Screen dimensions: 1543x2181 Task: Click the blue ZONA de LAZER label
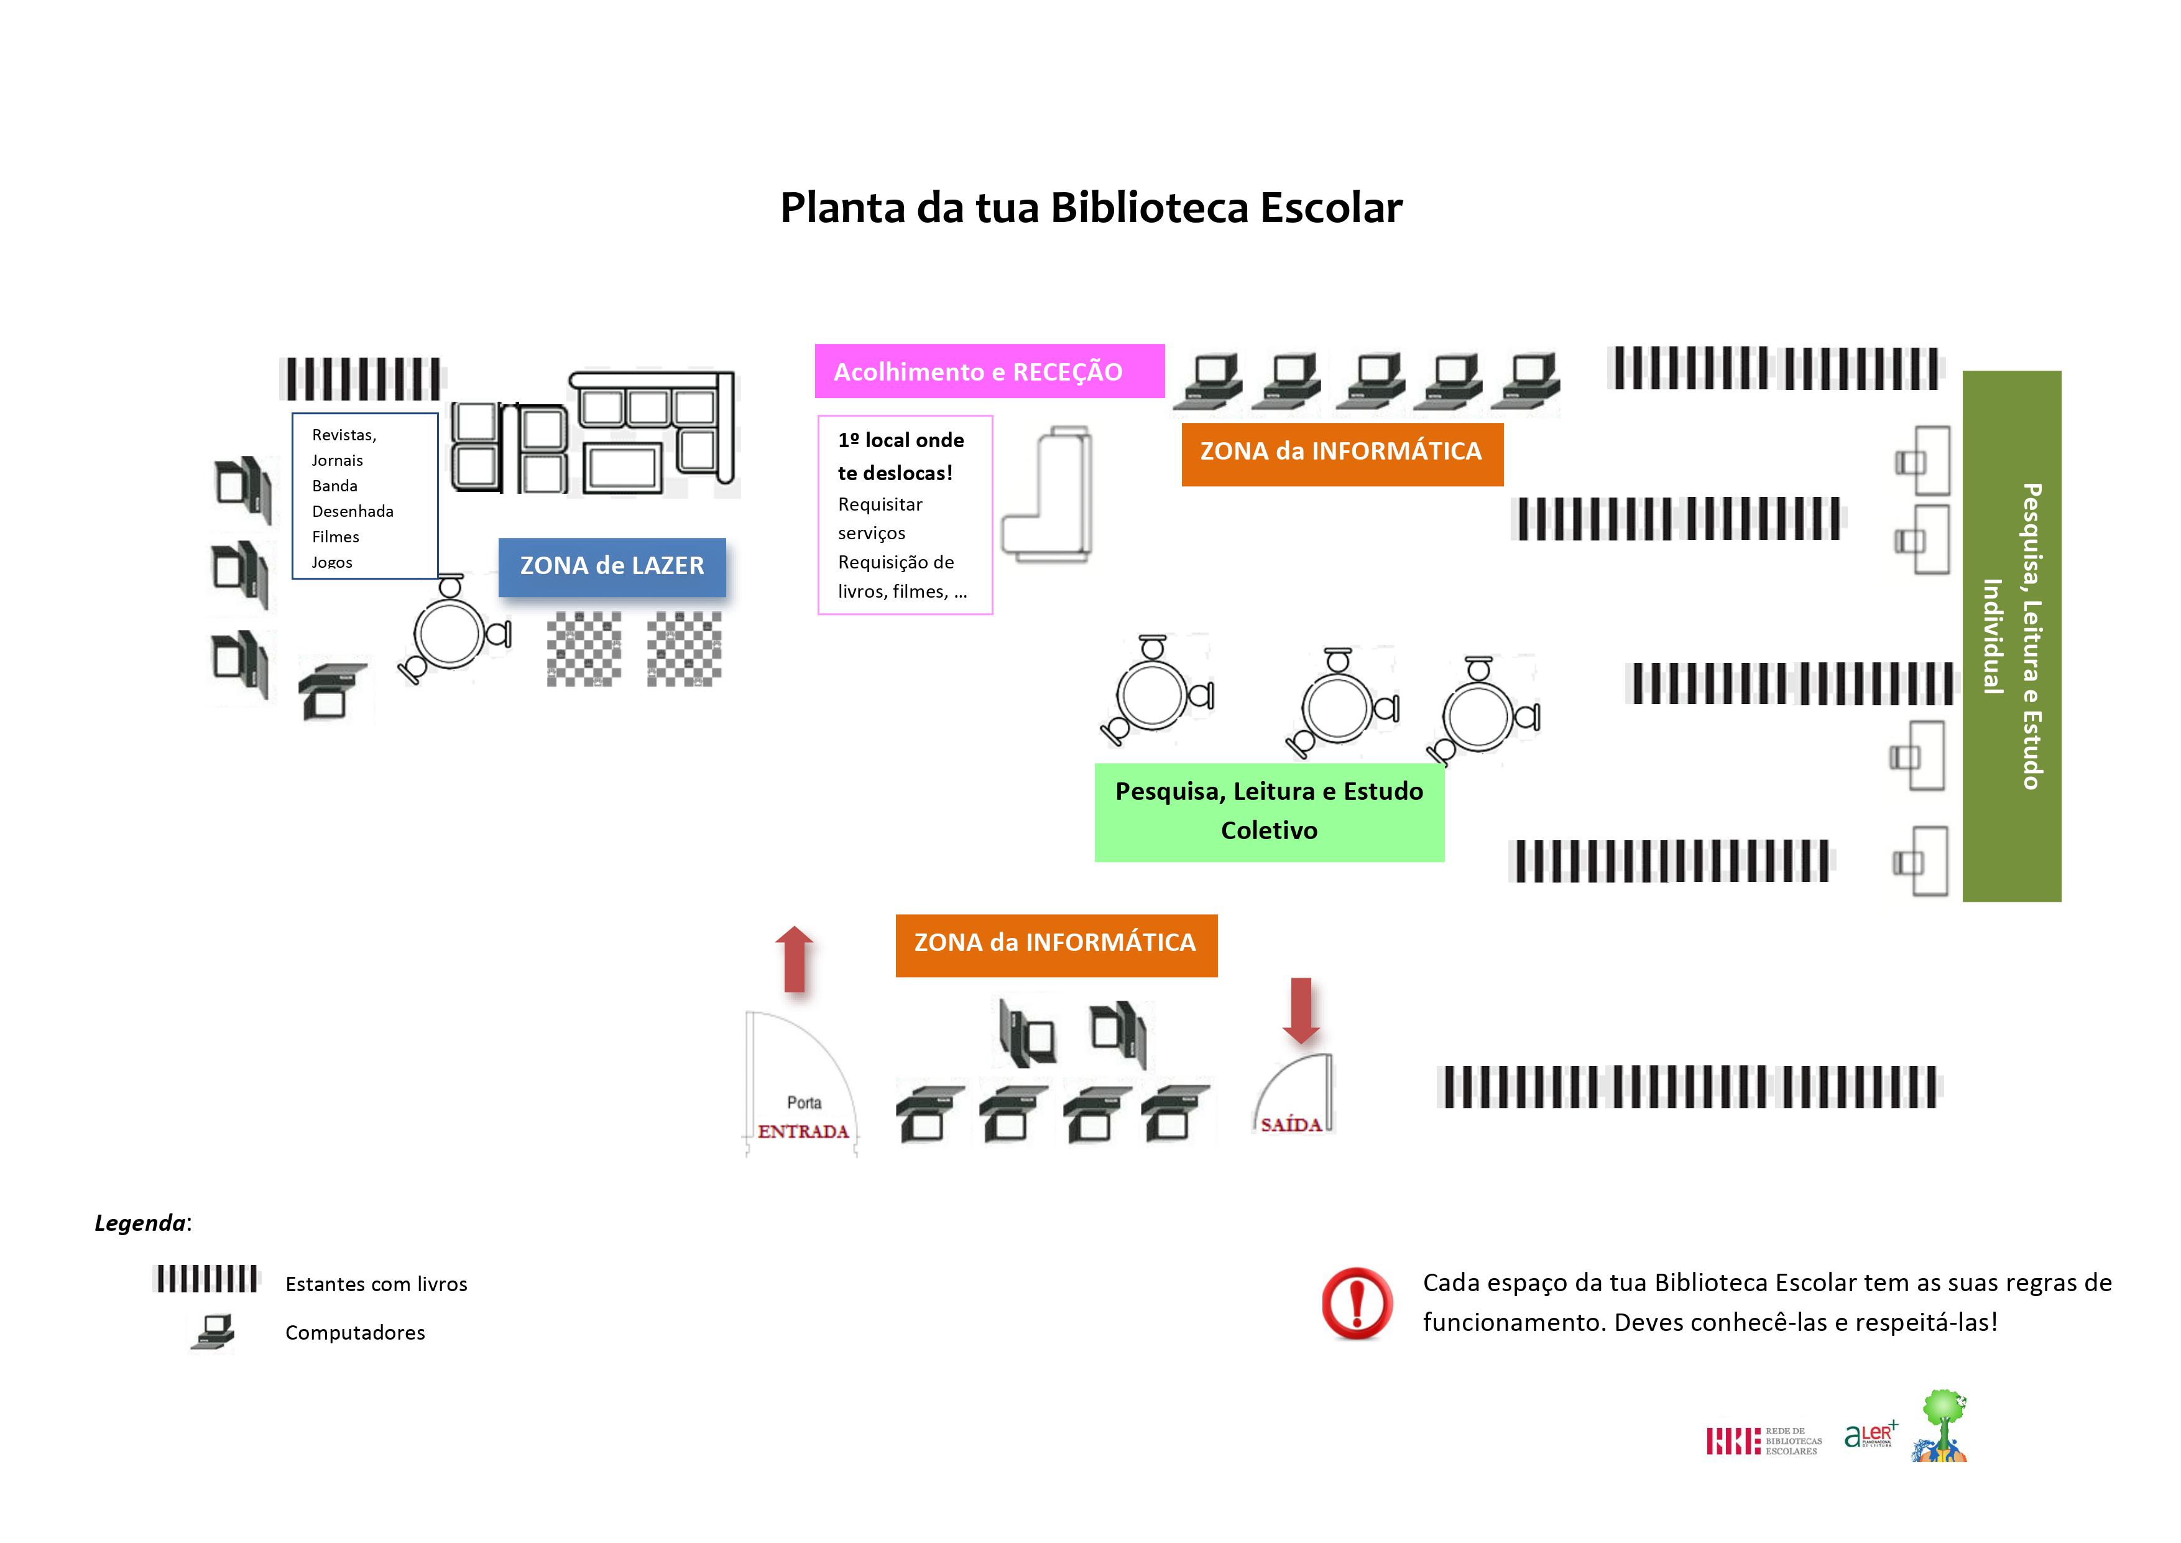[612, 567]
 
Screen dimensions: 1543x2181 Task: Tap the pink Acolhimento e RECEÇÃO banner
[989, 371]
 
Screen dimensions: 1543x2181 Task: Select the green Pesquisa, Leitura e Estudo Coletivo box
[1269, 812]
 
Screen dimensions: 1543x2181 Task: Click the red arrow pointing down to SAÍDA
[1301, 1011]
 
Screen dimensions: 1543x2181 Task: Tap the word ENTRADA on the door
[803, 1132]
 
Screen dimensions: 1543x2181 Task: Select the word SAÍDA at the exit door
[1291, 1125]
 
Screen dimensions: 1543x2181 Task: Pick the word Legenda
[141, 1223]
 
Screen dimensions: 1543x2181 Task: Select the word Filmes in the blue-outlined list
[335, 537]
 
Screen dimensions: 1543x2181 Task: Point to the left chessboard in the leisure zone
[583, 648]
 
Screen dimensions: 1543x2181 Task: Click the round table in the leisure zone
[448, 632]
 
